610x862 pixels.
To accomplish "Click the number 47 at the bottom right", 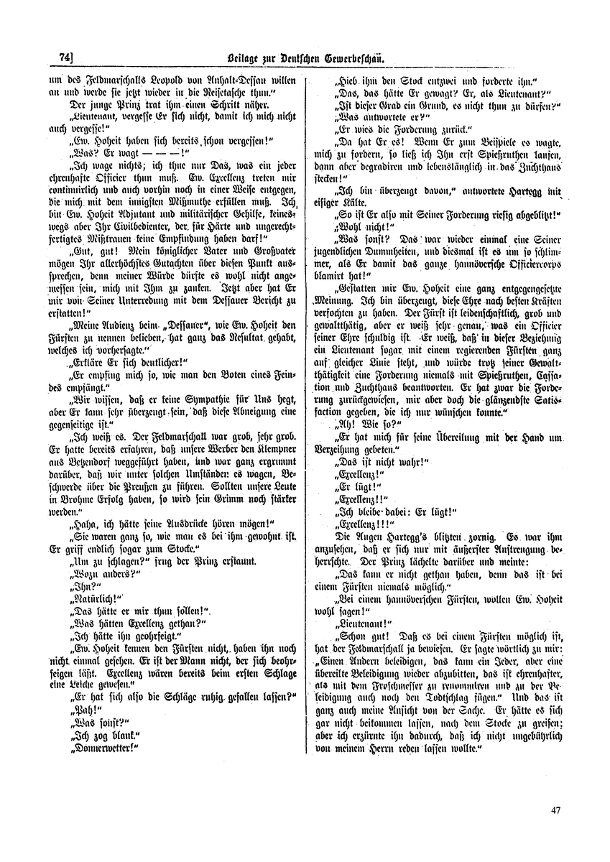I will click(x=552, y=810).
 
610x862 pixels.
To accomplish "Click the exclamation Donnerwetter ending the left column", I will click(x=101, y=747).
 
